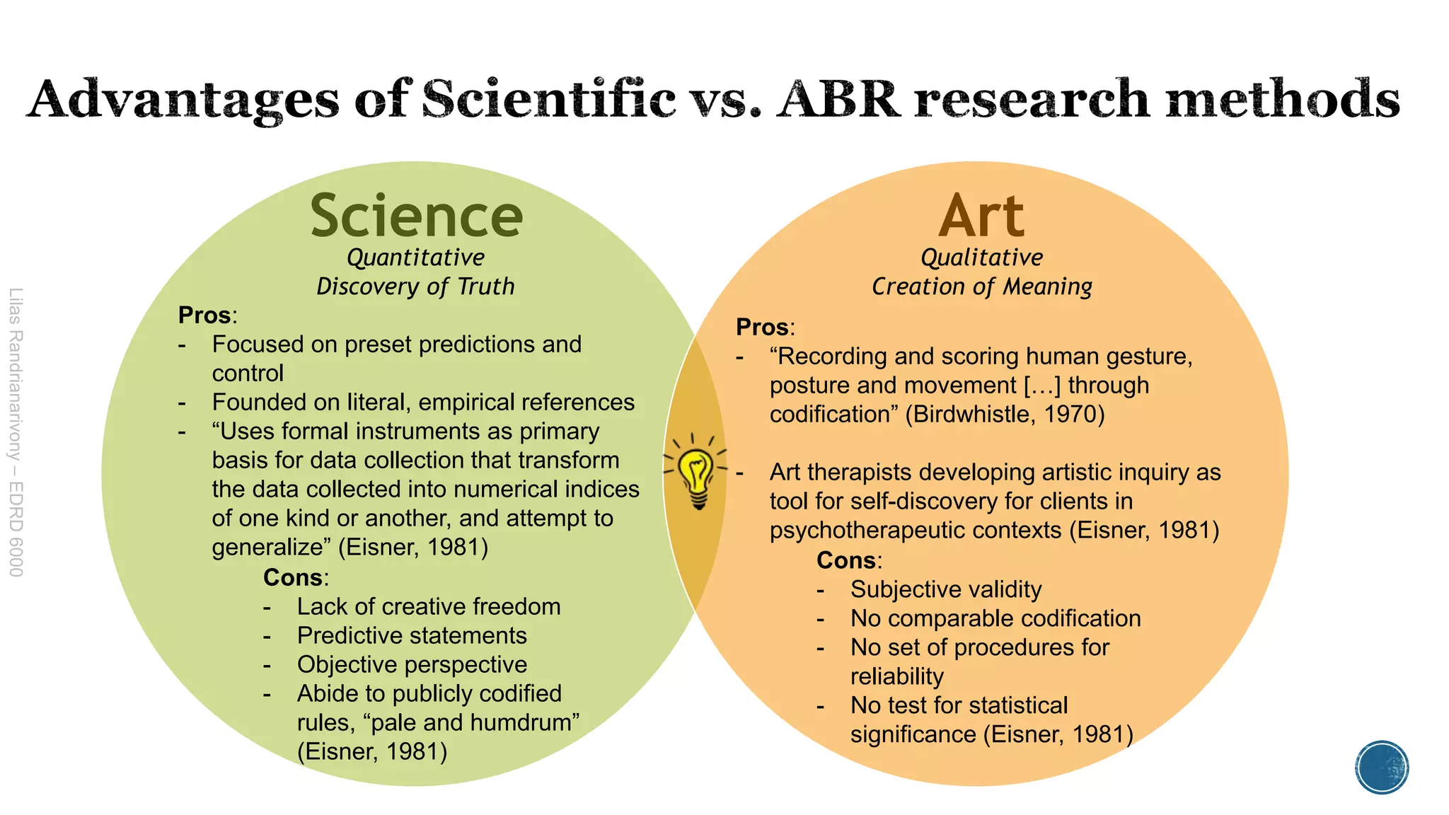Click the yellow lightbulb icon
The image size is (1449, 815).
(698, 474)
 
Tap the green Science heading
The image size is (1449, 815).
(416, 216)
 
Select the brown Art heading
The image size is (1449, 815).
(981, 216)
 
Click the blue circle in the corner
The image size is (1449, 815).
(1382, 768)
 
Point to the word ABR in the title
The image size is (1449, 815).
(838, 99)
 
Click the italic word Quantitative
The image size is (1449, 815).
(415, 258)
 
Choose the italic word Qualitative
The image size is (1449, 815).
(981, 258)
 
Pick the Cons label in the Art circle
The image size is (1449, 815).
(846, 560)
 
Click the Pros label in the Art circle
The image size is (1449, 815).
(763, 327)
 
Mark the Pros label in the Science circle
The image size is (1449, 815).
(205, 315)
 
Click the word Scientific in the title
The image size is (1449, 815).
(548, 99)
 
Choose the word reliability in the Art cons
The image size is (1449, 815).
(896, 676)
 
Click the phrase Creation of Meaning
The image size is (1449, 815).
(981, 287)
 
